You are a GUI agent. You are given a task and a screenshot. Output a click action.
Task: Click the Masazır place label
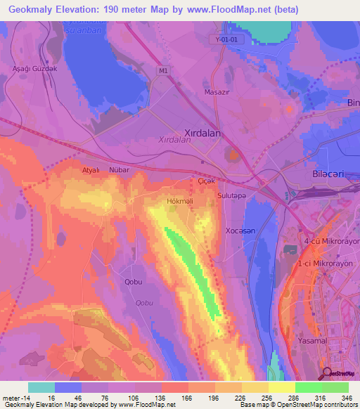(217, 92)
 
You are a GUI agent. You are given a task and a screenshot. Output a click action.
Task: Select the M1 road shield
(163, 70)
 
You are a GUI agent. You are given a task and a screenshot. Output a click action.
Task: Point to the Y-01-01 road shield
(226, 40)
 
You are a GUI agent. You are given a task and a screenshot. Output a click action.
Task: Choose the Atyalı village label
(91, 170)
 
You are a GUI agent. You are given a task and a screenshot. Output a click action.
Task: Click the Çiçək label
(205, 181)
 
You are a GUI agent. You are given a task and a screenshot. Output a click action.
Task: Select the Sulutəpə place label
(232, 196)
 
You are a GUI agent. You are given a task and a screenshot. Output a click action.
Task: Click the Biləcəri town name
(330, 174)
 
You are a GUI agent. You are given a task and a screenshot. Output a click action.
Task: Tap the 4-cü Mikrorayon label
(330, 241)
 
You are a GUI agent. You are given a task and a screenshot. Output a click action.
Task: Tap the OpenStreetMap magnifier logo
(327, 372)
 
